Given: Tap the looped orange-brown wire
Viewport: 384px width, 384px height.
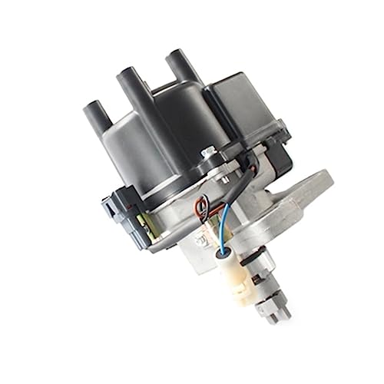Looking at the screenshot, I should (x=201, y=205).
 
